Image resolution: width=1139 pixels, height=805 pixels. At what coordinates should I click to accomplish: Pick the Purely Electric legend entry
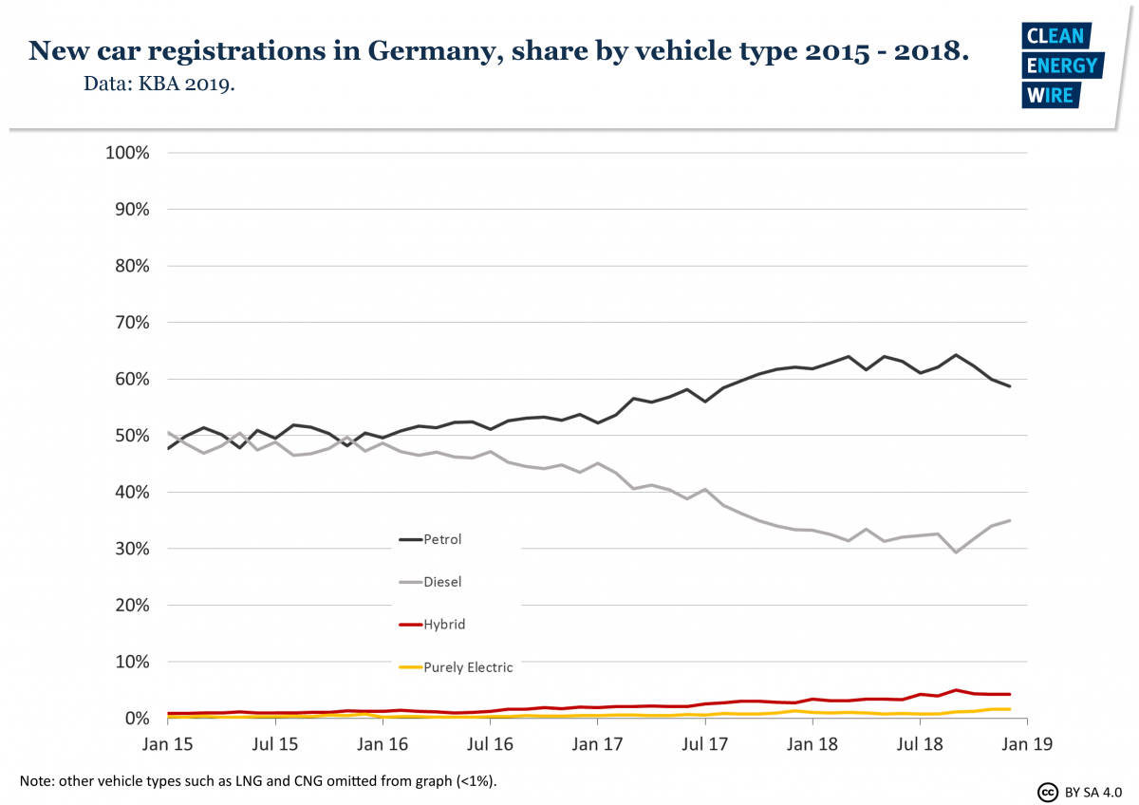[x=467, y=667]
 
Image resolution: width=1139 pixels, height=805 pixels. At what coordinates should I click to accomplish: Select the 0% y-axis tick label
[x=139, y=719]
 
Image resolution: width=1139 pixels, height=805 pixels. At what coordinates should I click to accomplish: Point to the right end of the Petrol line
[x=1009, y=386]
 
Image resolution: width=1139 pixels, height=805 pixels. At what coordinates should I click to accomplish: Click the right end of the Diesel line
[x=1009, y=520]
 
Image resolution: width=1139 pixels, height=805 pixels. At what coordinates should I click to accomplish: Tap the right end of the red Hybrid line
[x=1009, y=694]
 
